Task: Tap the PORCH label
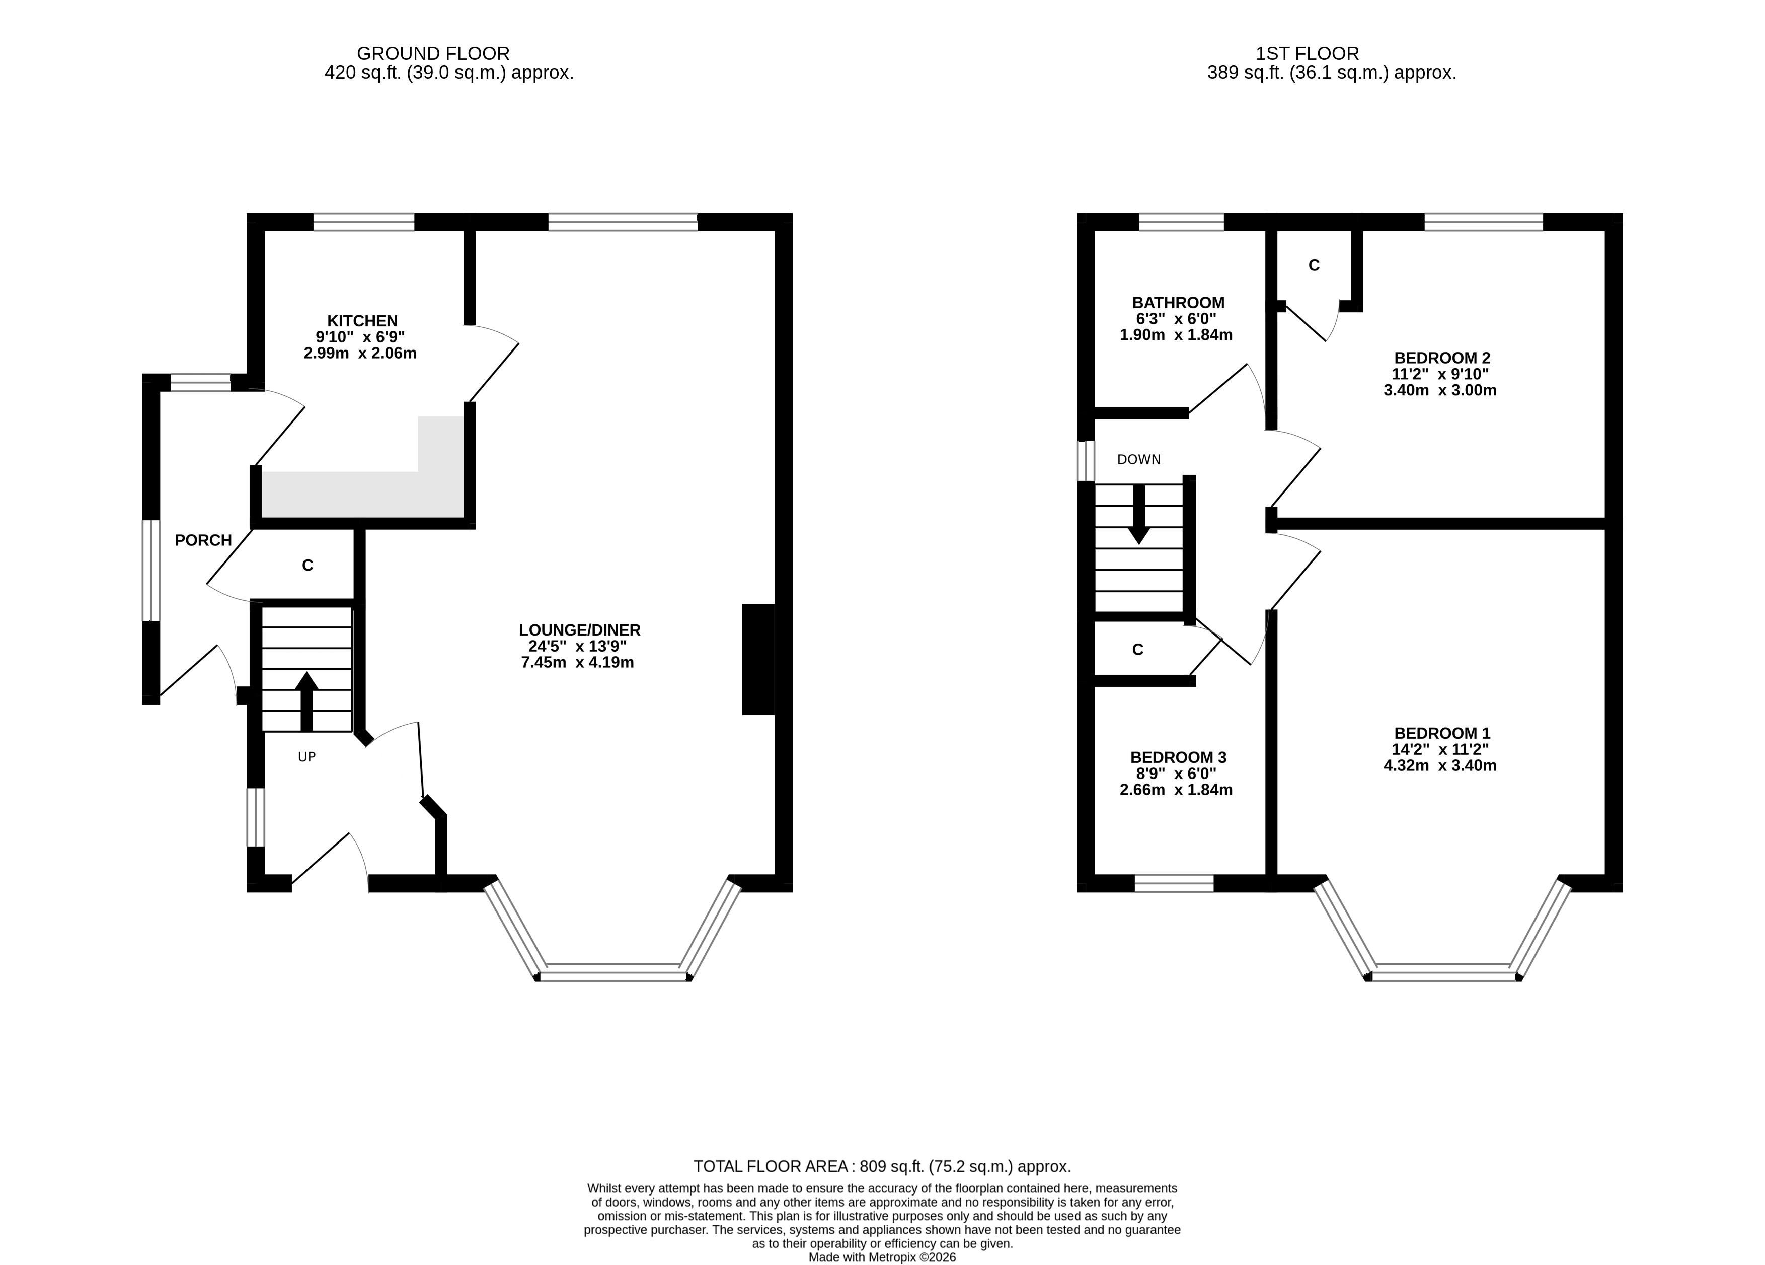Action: tap(203, 540)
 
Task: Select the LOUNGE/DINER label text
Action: tap(580, 630)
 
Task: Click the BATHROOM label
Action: tap(1178, 303)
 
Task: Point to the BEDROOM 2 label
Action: tap(1442, 358)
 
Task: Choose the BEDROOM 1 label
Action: tap(1442, 733)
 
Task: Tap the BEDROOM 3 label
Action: tap(1178, 757)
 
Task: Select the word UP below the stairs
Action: tap(306, 757)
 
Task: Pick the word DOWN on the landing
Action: tap(1138, 459)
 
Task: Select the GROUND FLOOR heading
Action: tap(433, 54)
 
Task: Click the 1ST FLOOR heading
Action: tap(1308, 54)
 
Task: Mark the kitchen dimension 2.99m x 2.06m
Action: tap(360, 354)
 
